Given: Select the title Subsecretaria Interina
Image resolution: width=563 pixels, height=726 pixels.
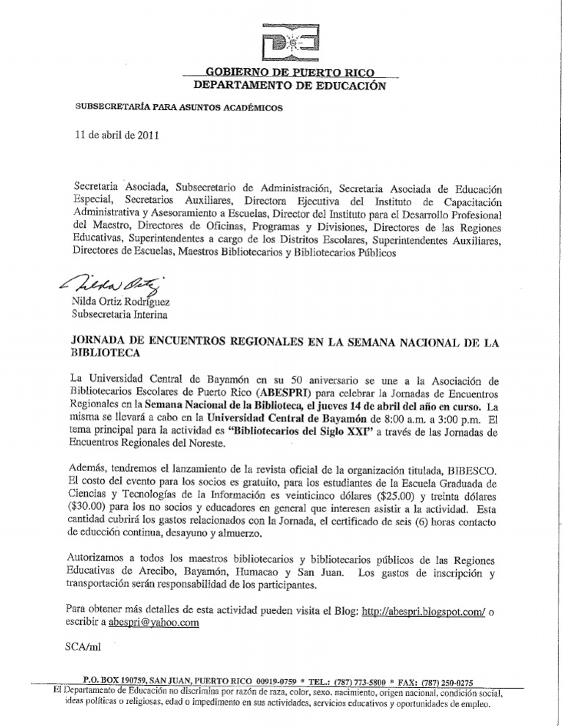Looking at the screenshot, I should [119, 314].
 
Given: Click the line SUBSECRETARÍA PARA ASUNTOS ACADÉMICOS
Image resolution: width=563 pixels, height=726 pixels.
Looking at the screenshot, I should [179, 108].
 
